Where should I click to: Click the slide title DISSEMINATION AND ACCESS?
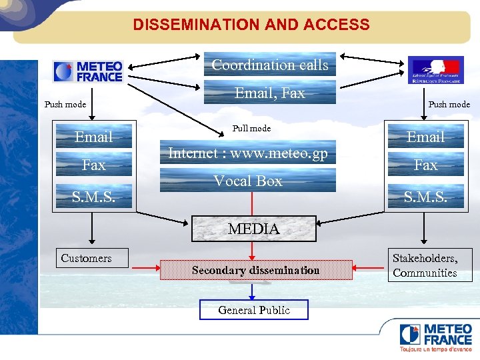251,25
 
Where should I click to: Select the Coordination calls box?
269,65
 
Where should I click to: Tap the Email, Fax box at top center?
269,93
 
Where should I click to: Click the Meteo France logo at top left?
89,71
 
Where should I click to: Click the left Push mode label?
65,104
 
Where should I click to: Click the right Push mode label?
449,104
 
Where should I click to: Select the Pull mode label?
251,128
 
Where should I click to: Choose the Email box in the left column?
93,137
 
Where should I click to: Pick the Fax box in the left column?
93,165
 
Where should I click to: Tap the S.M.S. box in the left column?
93,196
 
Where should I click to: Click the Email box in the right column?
425,137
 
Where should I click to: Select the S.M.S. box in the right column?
425,196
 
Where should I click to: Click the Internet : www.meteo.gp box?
248,153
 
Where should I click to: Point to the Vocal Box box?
248,181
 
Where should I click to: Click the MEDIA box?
253,229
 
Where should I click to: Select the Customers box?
87,258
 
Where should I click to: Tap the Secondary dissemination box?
255,270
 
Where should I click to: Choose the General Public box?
254,310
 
